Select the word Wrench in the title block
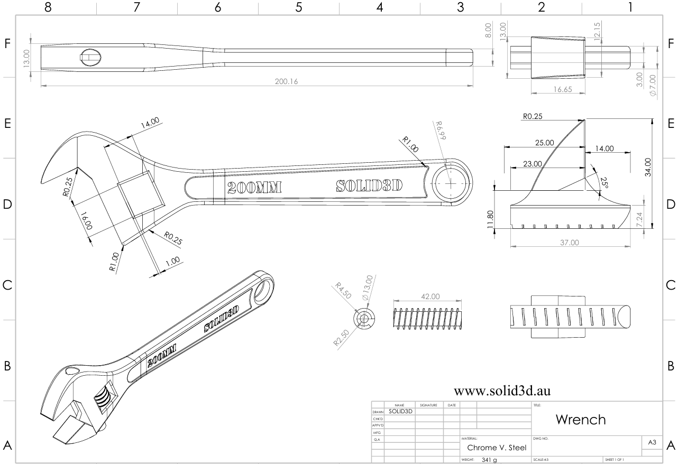click(581, 420)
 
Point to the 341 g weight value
click(489, 460)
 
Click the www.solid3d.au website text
click(502, 391)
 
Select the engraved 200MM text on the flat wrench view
click(253, 187)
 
